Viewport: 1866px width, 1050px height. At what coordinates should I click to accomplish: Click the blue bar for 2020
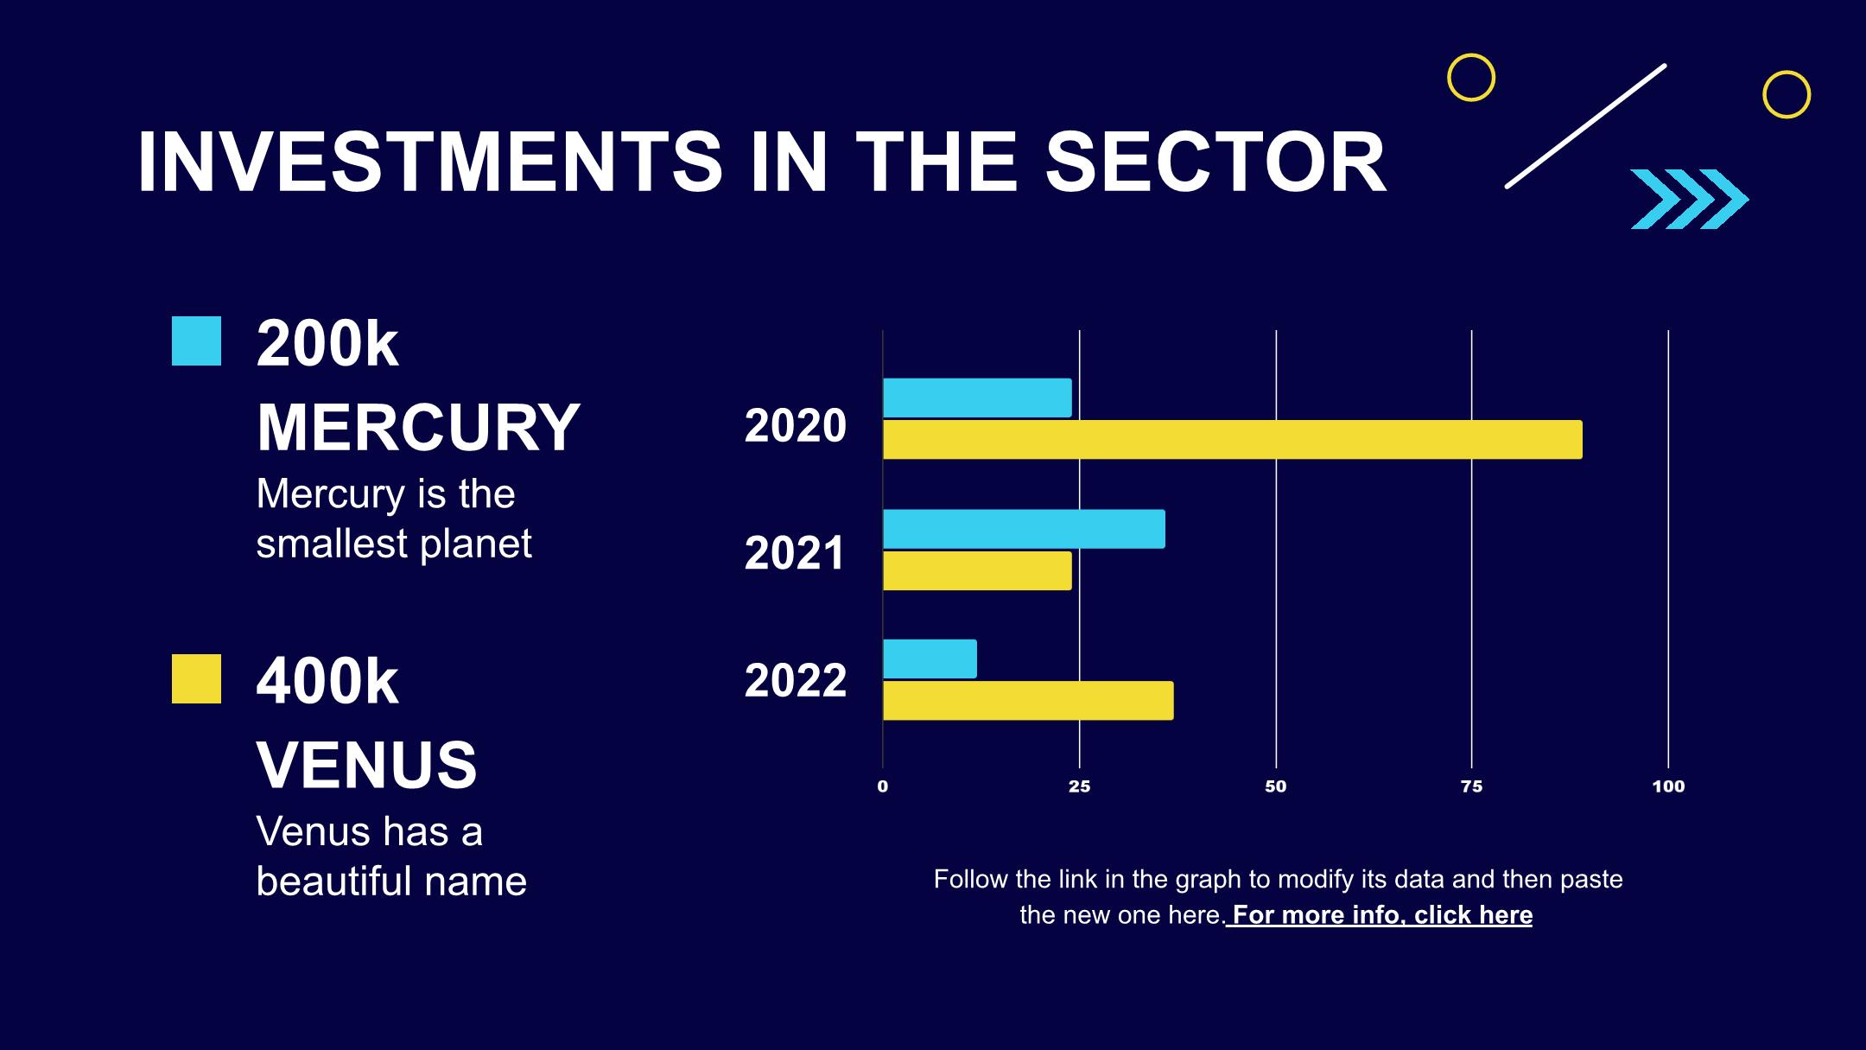pyautogui.click(x=977, y=398)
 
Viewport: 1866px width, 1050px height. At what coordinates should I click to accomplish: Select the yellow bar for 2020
pyautogui.click(x=1232, y=439)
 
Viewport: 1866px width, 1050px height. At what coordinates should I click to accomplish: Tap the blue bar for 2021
pyautogui.click(x=1024, y=529)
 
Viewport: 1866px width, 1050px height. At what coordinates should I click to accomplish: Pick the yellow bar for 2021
pyautogui.click(x=977, y=570)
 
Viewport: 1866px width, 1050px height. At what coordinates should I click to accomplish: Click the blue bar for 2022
pyautogui.click(x=930, y=659)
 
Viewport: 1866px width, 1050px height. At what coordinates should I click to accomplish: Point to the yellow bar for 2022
pyautogui.click(x=1028, y=700)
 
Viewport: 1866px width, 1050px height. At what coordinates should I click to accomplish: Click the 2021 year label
pyautogui.click(x=795, y=553)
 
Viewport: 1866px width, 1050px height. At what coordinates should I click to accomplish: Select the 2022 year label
pyautogui.click(x=796, y=680)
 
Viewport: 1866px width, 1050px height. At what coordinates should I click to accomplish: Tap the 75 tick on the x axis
pyautogui.click(x=1471, y=786)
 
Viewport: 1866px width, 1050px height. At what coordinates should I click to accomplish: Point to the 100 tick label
pyautogui.click(x=1668, y=786)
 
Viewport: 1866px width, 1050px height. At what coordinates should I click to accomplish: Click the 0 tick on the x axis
pyautogui.click(x=882, y=786)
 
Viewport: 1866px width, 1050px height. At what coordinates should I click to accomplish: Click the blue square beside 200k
pyautogui.click(x=196, y=341)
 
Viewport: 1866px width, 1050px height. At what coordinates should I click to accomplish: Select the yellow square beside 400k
pyautogui.click(x=196, y=678)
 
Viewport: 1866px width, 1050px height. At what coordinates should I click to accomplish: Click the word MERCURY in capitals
pyautogui.click(x=418, y=427)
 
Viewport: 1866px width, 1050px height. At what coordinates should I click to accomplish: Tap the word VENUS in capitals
pyautogui.click(x=366, y=764)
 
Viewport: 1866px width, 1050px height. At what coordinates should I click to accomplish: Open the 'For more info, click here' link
pyautogui.click(x=1380, y=915)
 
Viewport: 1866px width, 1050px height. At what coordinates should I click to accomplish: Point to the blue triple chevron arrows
pyautogui.click(x=1689, y=199)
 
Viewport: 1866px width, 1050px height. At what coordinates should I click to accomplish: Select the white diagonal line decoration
pyautogui.click(x=1585, y=126)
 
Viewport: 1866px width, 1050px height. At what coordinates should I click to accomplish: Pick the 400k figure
pyautogui.click(x=327, y=682)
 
